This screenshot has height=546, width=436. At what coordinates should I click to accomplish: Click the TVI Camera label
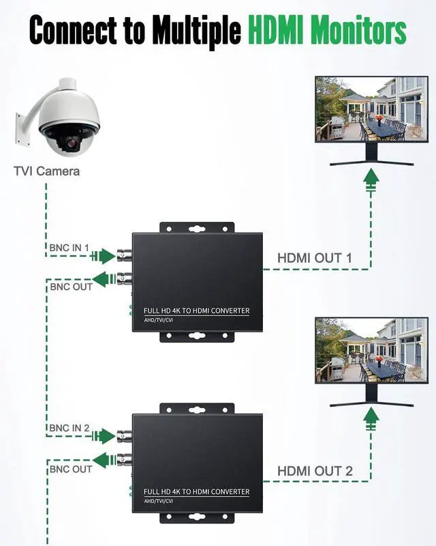(x=46, y=171)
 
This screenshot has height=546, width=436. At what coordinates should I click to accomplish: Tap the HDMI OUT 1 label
(x=314, y=258)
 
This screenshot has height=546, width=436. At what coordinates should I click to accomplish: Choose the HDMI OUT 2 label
(x=315, y=471)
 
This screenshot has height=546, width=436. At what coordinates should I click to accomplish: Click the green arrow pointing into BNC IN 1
(x=103, y=257)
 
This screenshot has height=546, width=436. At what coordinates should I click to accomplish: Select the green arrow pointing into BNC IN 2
(x=103, y=436)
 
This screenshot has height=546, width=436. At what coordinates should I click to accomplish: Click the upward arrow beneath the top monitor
(x=371, y=179)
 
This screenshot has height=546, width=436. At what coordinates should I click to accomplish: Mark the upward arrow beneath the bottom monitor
(x=371, y=418)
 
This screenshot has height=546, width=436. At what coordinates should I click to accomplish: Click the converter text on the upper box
(x=196, y=311)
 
